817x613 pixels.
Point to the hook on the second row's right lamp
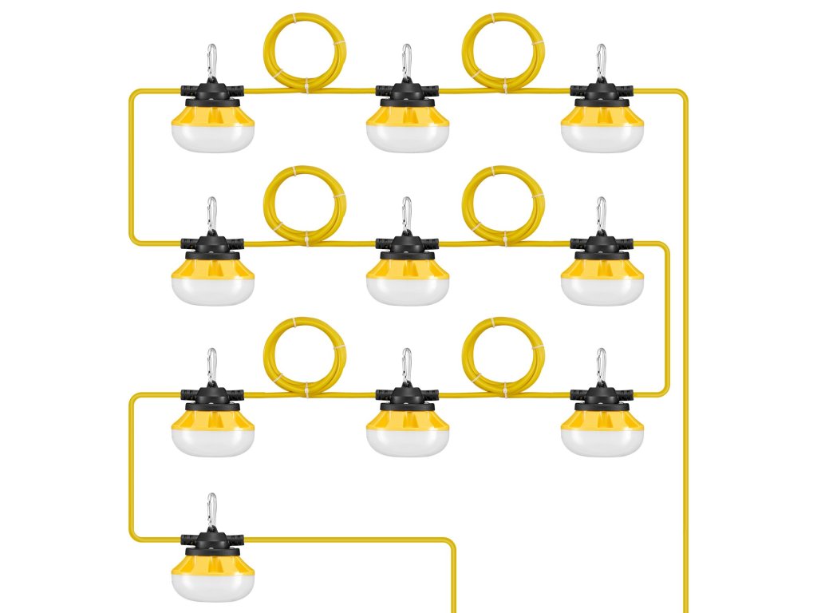[602, 214]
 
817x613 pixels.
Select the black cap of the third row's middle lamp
[407, 396]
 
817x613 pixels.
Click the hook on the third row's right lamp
[602, 365]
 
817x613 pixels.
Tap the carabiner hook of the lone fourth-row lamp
[211, 510]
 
